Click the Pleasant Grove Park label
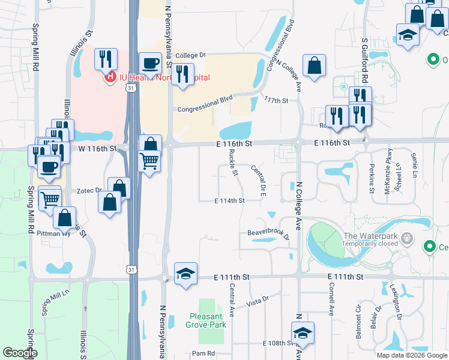(208, 320)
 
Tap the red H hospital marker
(110, 77)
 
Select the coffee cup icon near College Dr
(150, 62)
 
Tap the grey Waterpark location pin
(408, 239)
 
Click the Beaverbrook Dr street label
(268, 233)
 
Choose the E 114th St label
(229, 200)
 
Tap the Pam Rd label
(203, 353)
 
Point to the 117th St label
(276, 101)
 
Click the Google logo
(20, 353)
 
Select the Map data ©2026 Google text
(411, 355)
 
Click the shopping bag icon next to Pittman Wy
(64, 218)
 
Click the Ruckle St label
(234, 163)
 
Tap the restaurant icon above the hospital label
(106, 58)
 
